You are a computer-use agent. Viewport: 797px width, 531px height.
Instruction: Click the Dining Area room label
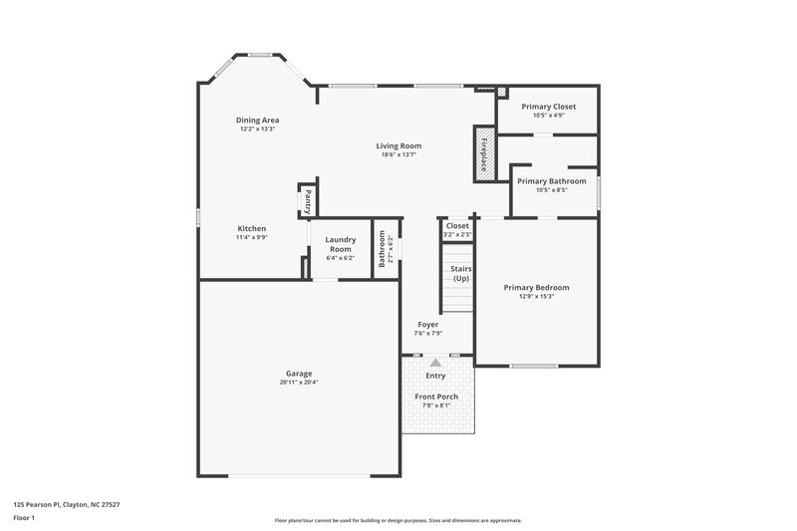(x=257, y=121)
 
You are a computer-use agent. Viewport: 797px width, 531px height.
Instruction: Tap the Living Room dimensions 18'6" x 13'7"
(x=398, y=154)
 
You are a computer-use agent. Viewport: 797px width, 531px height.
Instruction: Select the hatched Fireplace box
(x=484, y=152)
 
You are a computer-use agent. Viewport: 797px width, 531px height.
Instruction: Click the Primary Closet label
(x=548, y=107)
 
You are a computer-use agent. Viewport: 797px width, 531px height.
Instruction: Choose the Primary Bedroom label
(x=536, y=287)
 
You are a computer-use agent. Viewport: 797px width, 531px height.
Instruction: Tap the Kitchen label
(x=251, y=228)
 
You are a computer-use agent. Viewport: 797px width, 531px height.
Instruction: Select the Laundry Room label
(x=341, y=243)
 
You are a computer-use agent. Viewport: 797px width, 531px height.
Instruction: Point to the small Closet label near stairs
(x=457, y=226)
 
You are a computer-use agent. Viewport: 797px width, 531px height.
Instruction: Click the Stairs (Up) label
(x=460, y=274)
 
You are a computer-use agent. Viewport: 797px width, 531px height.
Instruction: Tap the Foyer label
(x=428, y=325)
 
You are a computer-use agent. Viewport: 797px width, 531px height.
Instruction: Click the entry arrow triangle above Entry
(x=435, y=364)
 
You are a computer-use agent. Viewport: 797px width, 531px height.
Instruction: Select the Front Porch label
(x=436, y=397)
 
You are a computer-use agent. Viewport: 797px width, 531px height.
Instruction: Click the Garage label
(x=299, y=374)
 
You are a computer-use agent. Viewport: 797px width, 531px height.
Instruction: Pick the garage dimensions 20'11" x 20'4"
(x=299, y=383)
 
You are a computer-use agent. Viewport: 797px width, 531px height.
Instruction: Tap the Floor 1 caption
(x=25, y=519)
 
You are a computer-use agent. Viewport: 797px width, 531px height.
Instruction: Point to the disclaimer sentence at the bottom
(x=398, y=520)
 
